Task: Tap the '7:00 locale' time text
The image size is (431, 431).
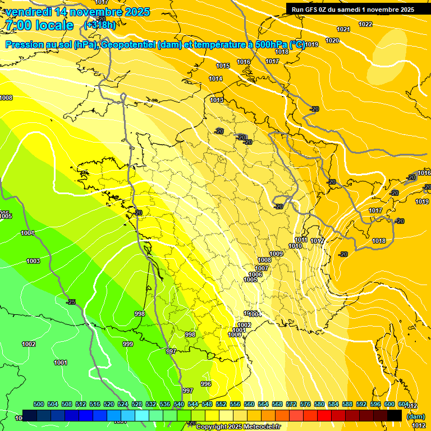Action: pos(39,25)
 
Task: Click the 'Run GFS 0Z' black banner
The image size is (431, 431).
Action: pos(352,9)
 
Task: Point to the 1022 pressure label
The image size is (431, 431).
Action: pos(365,24)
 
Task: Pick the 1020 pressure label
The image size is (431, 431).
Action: pos(332,41)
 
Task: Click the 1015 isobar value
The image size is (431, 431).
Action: pos(223,66)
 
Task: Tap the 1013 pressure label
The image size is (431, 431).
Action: pos(217,100)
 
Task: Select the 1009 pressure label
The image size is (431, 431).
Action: pos(276,254)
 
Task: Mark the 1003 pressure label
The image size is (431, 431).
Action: pos(33,261)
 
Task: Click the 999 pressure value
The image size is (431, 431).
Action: pos(128,344)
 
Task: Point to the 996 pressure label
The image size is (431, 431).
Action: pos(206,384)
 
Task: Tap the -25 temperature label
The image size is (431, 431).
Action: pos(71,302)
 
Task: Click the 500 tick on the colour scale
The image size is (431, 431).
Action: pos(39,404)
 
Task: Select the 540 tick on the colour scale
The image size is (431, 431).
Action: pos(179,404)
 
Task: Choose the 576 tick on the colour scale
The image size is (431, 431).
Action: pos(305,404)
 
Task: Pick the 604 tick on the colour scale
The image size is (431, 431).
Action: pos(403,404)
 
